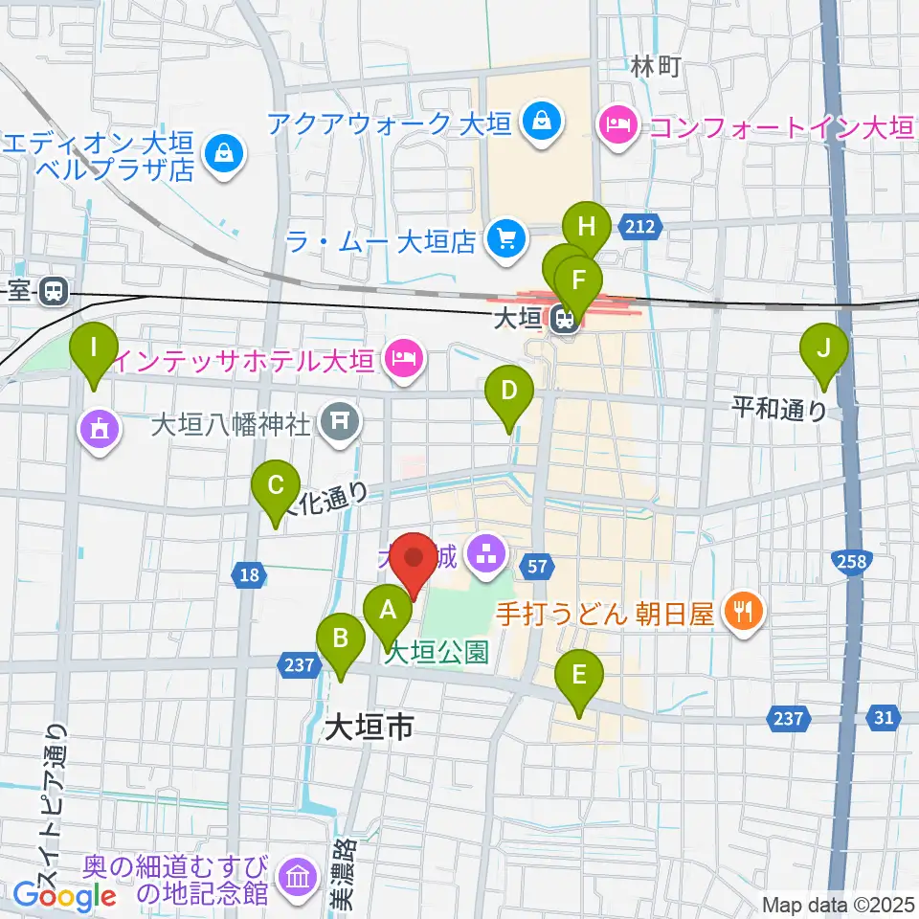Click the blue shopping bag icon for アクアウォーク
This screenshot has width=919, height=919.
coord(541,123)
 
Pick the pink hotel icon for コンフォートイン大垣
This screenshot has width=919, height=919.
coord(616,124)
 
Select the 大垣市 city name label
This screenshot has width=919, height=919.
coord(369,728)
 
